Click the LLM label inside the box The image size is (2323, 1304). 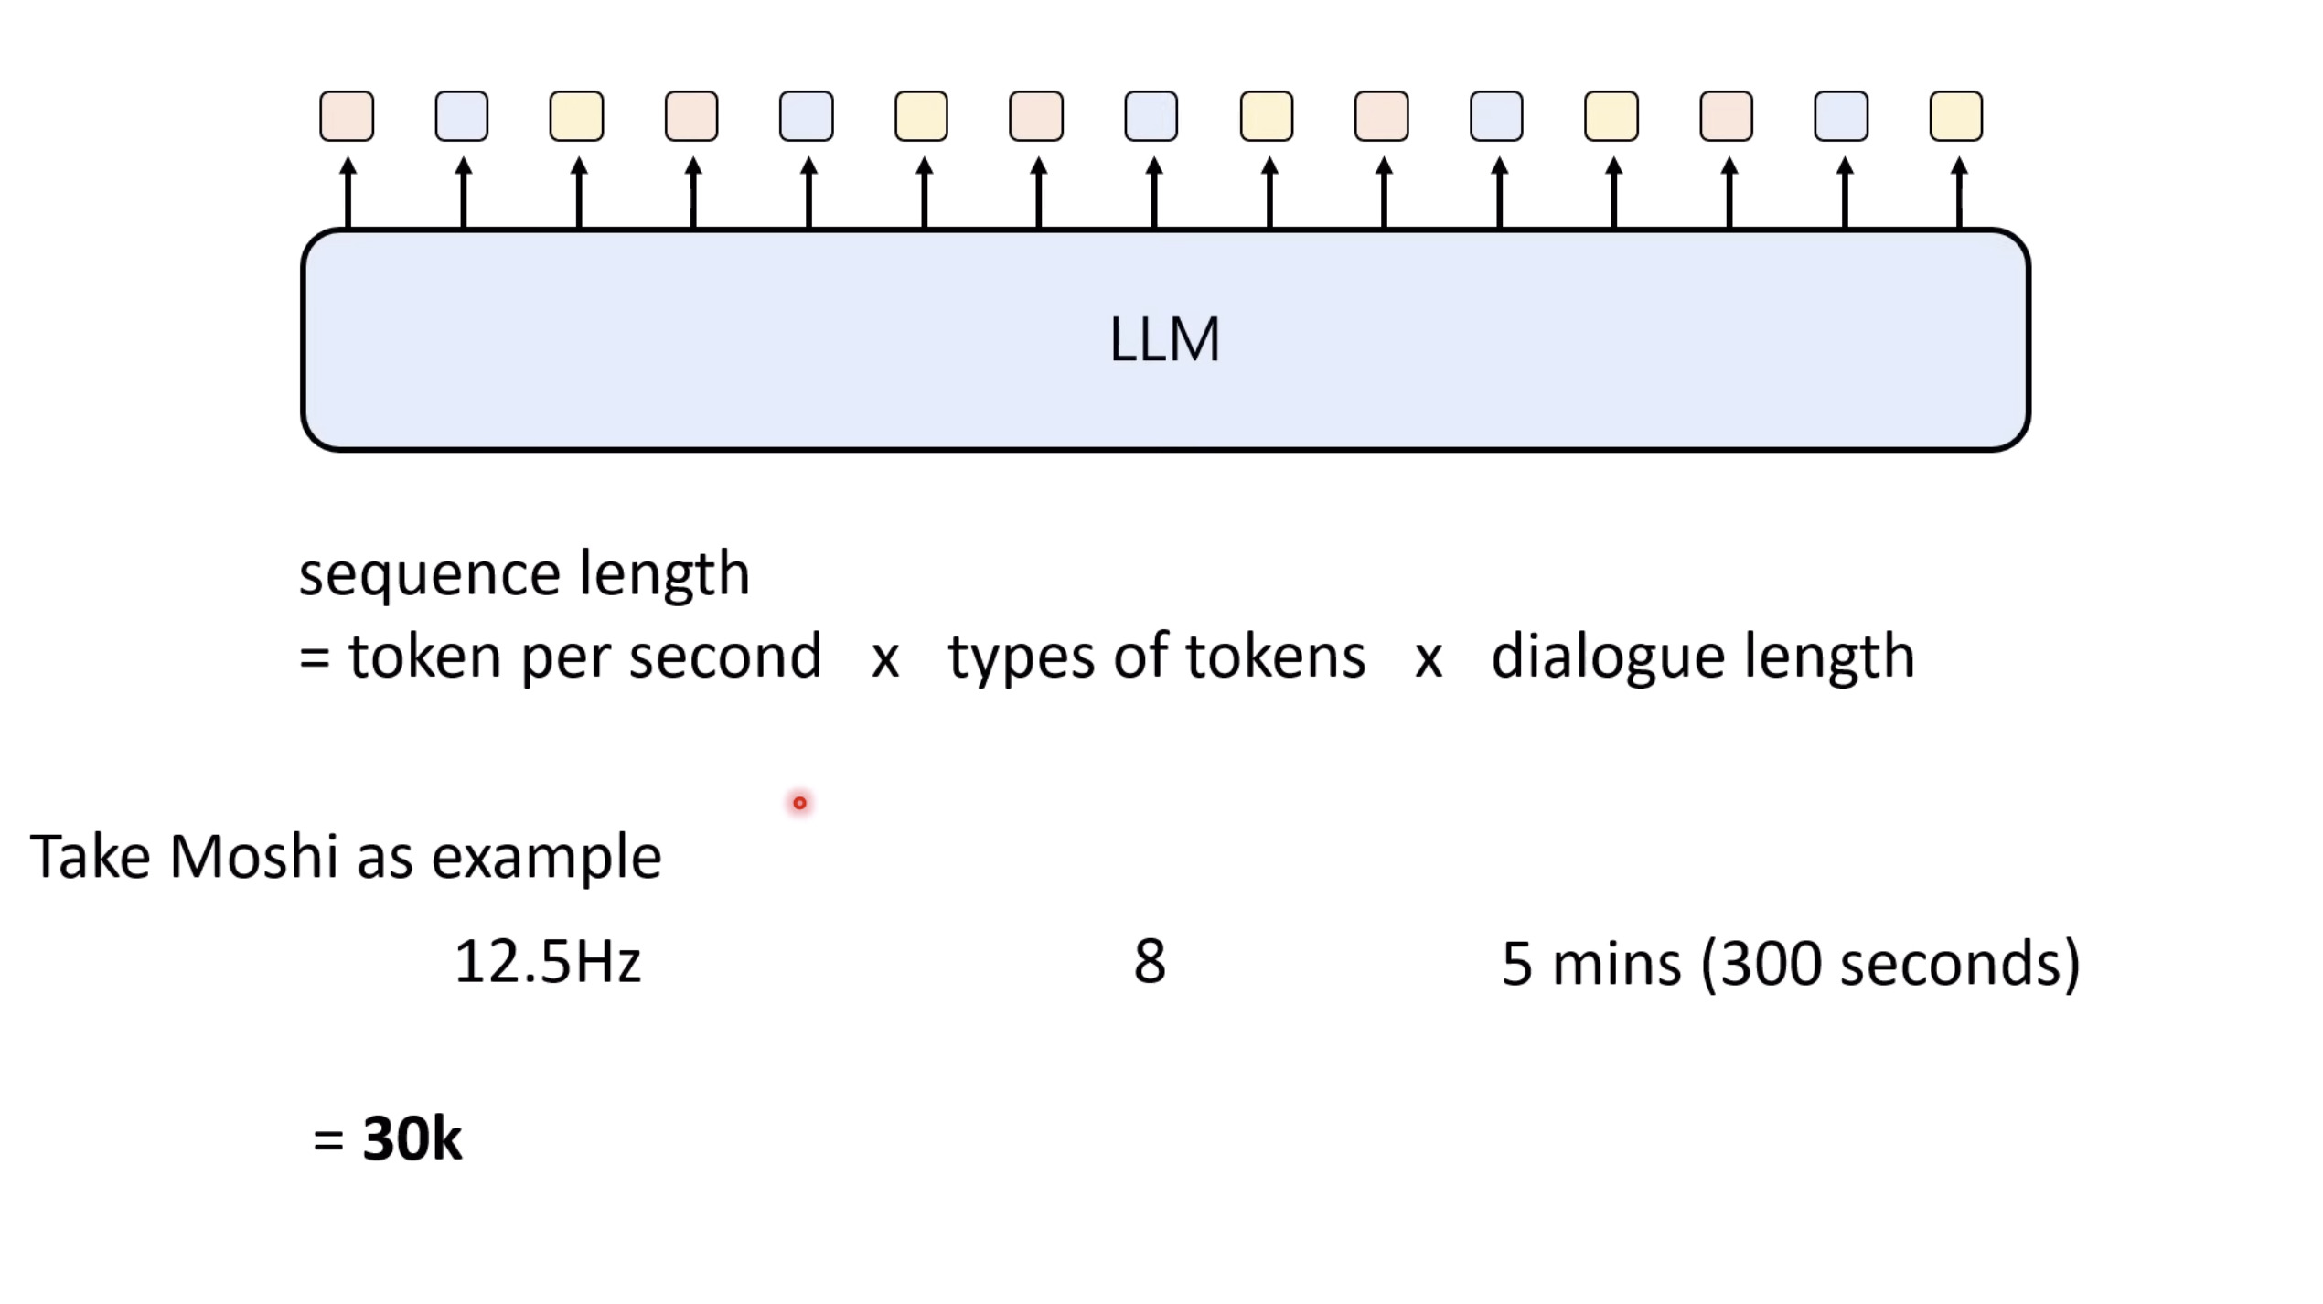[1164, 339]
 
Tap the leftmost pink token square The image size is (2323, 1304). [347, 116]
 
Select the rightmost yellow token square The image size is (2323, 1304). [1955, 116]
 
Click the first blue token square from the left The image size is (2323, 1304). [462, 116]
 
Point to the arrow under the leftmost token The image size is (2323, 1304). [348, 192]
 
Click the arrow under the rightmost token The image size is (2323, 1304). [1959, 192]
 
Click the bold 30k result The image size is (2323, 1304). [412, 1139]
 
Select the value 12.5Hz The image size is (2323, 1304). [547, 962]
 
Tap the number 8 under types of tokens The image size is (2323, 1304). [1150, 962]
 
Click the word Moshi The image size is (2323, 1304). [253, 857]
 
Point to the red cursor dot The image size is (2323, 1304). [800, 803]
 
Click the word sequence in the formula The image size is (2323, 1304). [430, 575]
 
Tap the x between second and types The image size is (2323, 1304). [884, 658]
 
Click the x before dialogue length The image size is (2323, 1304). [1428, 658]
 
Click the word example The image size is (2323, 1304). [546, 859]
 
